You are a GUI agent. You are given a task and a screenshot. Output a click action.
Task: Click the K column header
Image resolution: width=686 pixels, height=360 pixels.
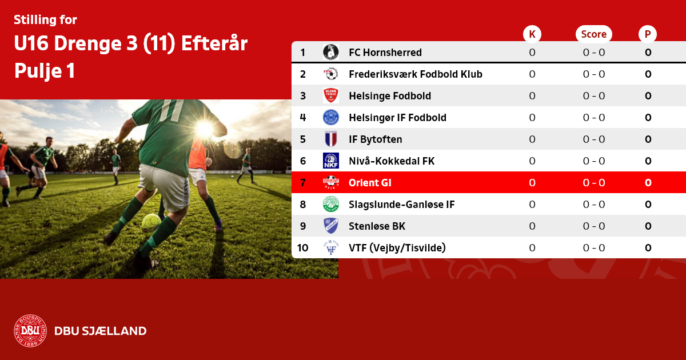[x=532, y=34]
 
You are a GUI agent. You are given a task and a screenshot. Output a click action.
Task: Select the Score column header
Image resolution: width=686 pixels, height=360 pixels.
[x=594, y=34]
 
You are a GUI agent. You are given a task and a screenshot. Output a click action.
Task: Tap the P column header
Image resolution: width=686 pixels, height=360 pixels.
[x=648, y=34]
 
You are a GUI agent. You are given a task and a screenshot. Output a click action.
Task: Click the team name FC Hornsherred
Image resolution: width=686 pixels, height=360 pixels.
[x=385, y=53]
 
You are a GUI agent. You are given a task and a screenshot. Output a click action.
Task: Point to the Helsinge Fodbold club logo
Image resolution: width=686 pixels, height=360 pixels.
[x=331, y=95]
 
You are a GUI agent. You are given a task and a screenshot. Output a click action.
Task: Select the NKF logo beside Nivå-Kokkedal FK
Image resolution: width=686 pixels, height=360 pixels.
[x=331, y=161]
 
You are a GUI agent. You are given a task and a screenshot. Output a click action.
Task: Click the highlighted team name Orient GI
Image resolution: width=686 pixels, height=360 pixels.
[x=370, y=183]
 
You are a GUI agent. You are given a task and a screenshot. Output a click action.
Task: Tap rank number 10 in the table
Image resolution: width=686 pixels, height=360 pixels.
[x=302, y=247]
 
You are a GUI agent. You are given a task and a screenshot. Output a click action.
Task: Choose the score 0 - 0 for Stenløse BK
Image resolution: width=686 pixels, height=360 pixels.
[x=594, y=226]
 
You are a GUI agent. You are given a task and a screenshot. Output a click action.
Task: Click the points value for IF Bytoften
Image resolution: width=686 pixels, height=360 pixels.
[x=648, y=139]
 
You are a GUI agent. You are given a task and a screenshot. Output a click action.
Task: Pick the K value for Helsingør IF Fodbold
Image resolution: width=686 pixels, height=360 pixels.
[x=532, y=118]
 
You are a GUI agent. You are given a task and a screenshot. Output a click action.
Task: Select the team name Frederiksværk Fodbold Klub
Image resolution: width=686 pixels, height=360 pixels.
[x=416, y=74]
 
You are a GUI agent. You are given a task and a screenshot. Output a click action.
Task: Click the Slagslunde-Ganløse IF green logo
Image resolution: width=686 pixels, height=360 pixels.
[x=331, y=204]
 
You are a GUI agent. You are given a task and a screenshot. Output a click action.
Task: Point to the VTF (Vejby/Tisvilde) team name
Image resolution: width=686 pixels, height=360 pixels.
[x=397, y=247]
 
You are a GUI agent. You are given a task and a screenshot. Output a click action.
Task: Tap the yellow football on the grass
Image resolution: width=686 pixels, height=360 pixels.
[x=151, y=222]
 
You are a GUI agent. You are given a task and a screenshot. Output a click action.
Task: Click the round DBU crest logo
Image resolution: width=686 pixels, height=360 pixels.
[x=30, y=331]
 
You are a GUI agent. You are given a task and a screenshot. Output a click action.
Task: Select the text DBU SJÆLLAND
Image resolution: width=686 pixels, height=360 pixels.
[x=101, y=331]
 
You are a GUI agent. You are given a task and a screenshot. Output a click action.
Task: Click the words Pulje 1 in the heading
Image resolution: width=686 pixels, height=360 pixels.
[x=45, y=71]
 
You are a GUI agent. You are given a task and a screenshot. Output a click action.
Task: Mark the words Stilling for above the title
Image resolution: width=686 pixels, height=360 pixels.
[x=45, y=20]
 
